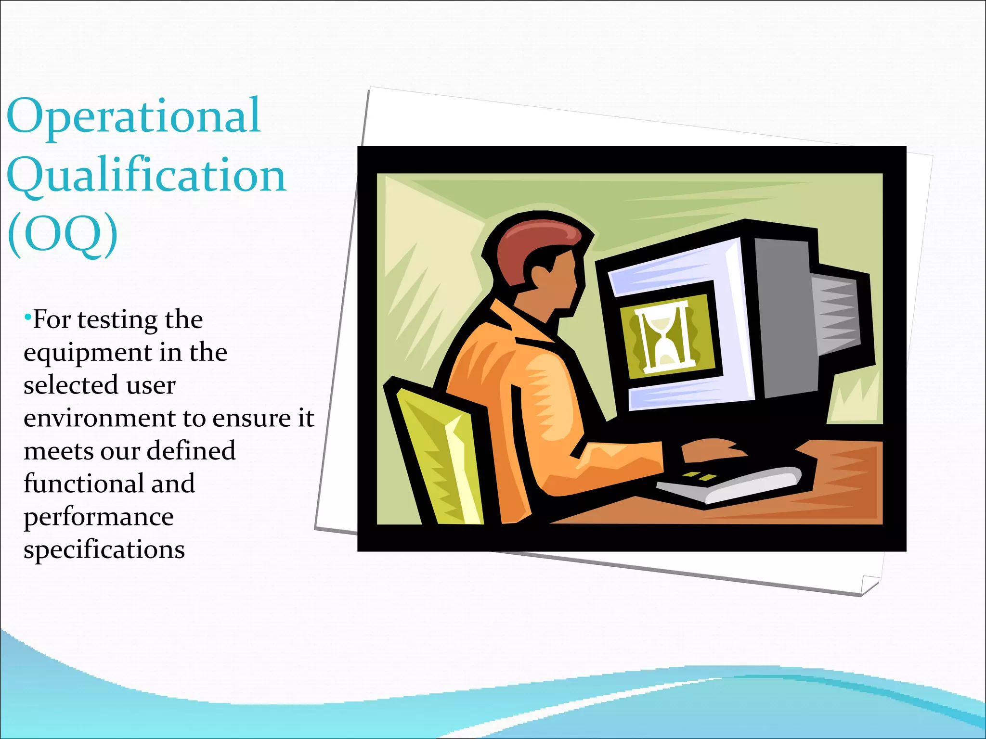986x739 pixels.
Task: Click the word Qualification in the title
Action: pos(146,176)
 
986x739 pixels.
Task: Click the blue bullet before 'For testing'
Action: pos(27,318)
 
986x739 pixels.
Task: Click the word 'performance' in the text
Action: pos(98,517)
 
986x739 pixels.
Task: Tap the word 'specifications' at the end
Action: pos(104,549)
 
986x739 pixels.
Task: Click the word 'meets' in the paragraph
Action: pos(58,451)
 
